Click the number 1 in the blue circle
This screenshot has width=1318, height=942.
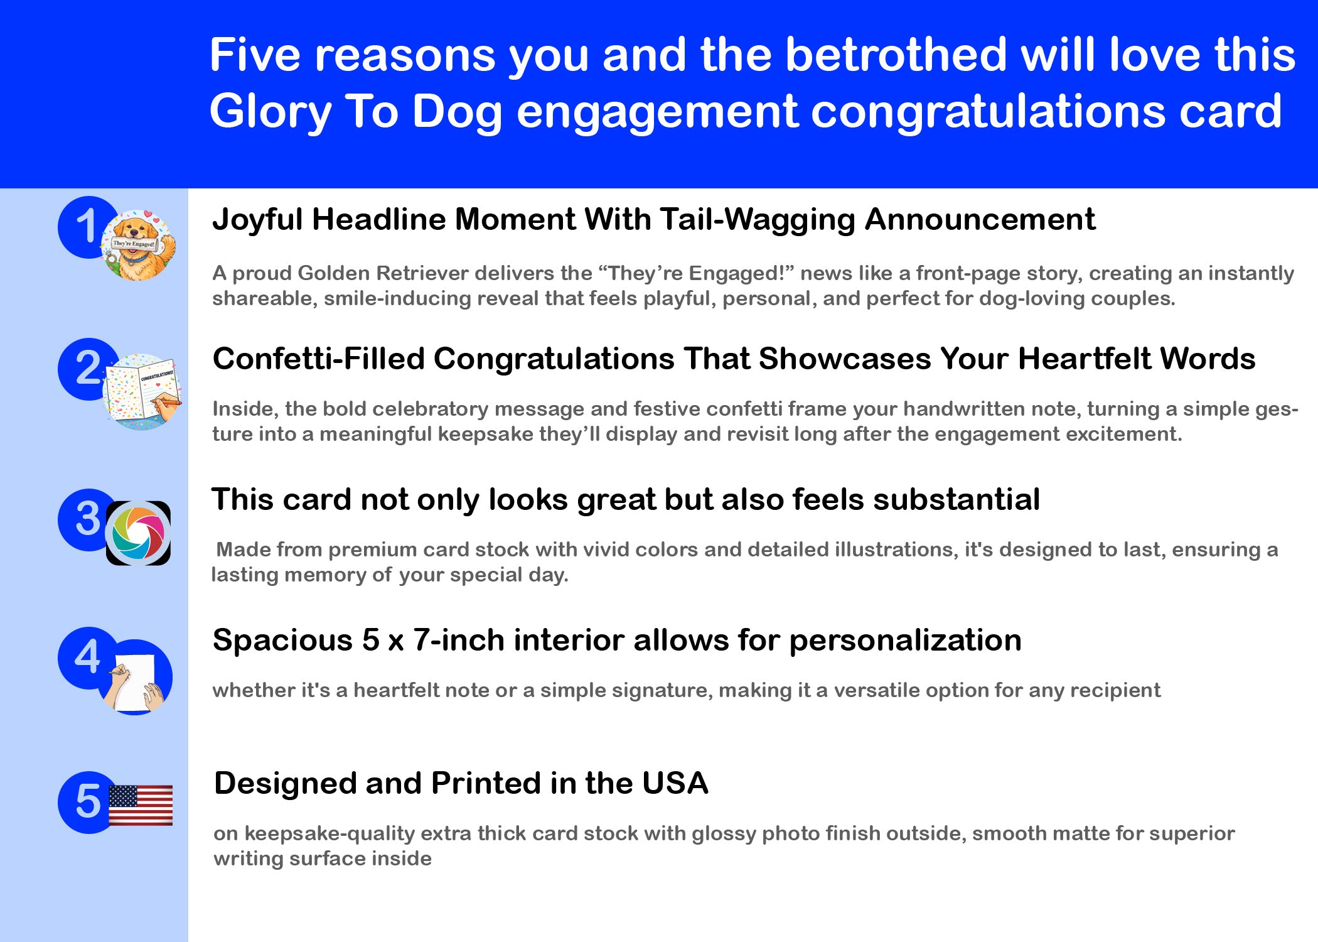click(87, 226)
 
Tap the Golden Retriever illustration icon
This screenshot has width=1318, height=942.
click(139, 245)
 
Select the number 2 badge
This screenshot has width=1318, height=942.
click(88, 369)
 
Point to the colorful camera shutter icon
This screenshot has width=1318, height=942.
click(138, 533)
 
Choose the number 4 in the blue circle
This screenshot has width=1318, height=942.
click(87, 658)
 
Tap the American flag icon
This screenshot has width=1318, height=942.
click(141, 805)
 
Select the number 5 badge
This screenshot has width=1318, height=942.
click(88, 802)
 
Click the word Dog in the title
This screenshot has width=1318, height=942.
click(457, 112)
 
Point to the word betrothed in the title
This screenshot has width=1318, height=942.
click(896, 55)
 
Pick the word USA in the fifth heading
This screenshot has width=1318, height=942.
click(675, 783)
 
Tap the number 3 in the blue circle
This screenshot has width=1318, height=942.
click(88, 519)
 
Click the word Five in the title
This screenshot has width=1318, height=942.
click(255, 55)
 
